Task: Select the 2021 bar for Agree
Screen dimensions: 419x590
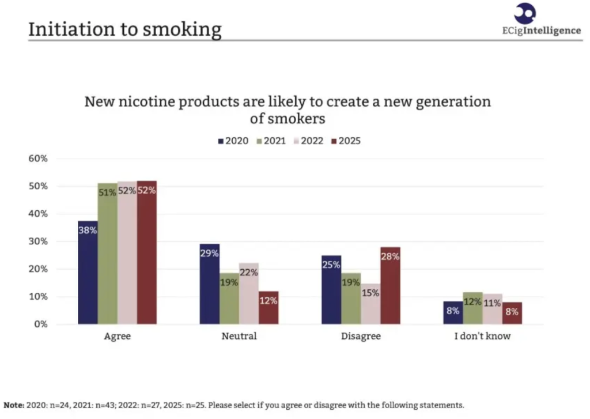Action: [107, 254]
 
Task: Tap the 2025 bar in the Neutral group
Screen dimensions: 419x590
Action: [268, 308]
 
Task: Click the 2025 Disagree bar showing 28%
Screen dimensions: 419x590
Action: [390, 286]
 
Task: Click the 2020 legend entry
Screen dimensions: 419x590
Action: [233, 141]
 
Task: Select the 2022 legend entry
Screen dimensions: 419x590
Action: [308, 141]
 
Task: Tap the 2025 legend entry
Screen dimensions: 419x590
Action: [346, 141]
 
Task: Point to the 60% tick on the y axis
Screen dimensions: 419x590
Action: [38, 158]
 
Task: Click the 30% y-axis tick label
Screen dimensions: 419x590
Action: [38, 241]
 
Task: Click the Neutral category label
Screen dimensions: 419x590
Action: [239, 336]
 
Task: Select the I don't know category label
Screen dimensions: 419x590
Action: [482, 336]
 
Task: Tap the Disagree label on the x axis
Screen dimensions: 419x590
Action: [361, 336]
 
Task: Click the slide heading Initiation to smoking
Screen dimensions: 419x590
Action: [125, 29]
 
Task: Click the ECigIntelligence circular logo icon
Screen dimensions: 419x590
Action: [525, 13]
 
